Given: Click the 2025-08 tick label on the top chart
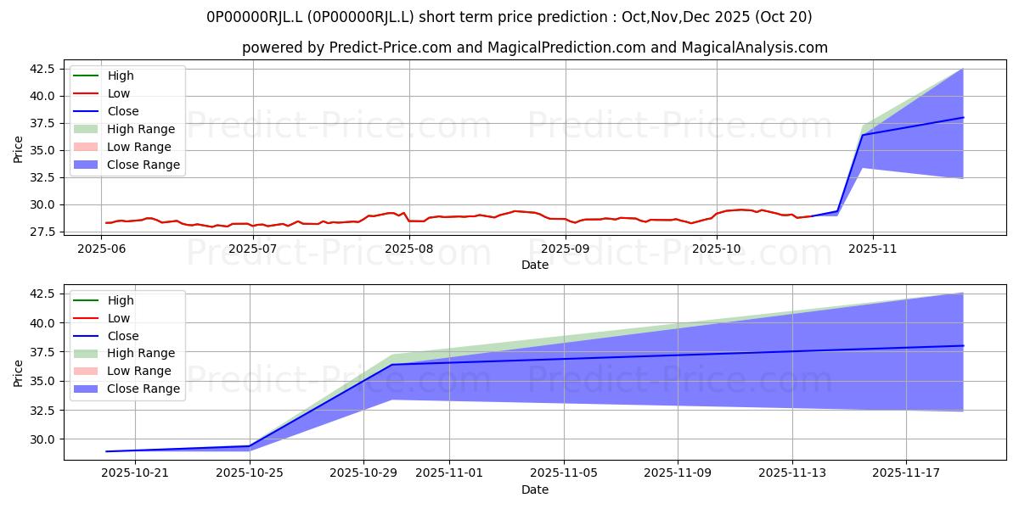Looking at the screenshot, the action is click(409, 249).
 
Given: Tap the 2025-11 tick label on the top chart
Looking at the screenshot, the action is click(873, 249).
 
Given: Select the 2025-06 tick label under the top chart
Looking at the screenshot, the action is click(101, 249).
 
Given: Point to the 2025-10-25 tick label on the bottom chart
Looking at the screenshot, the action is click(250, 473).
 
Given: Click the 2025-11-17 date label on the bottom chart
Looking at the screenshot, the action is click(906, 473).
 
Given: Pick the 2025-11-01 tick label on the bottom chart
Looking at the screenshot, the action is click(449, 473).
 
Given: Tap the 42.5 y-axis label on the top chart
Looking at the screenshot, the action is click(42, 69).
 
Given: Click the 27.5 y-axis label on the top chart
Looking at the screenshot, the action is click(42, 232).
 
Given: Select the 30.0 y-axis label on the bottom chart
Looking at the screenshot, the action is click(42, 439).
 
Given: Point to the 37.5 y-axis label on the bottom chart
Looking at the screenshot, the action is click(42, 352).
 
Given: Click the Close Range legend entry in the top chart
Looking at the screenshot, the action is click(127, 165).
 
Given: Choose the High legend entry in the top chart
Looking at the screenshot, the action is click(104, 76).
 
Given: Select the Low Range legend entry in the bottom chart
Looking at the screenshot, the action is click(122, 371).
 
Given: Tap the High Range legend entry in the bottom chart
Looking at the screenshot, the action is click(124, 353).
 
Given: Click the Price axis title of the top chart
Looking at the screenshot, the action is click(18, 149).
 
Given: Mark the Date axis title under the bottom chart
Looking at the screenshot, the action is click(535, 489).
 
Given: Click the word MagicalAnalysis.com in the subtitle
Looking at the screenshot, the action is click(754, 48).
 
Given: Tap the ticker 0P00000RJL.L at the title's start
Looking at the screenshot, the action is click(254, 17).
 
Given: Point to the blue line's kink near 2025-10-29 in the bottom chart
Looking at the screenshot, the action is click(392, 365).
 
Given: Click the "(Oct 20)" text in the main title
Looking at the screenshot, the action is click(783, 17).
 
